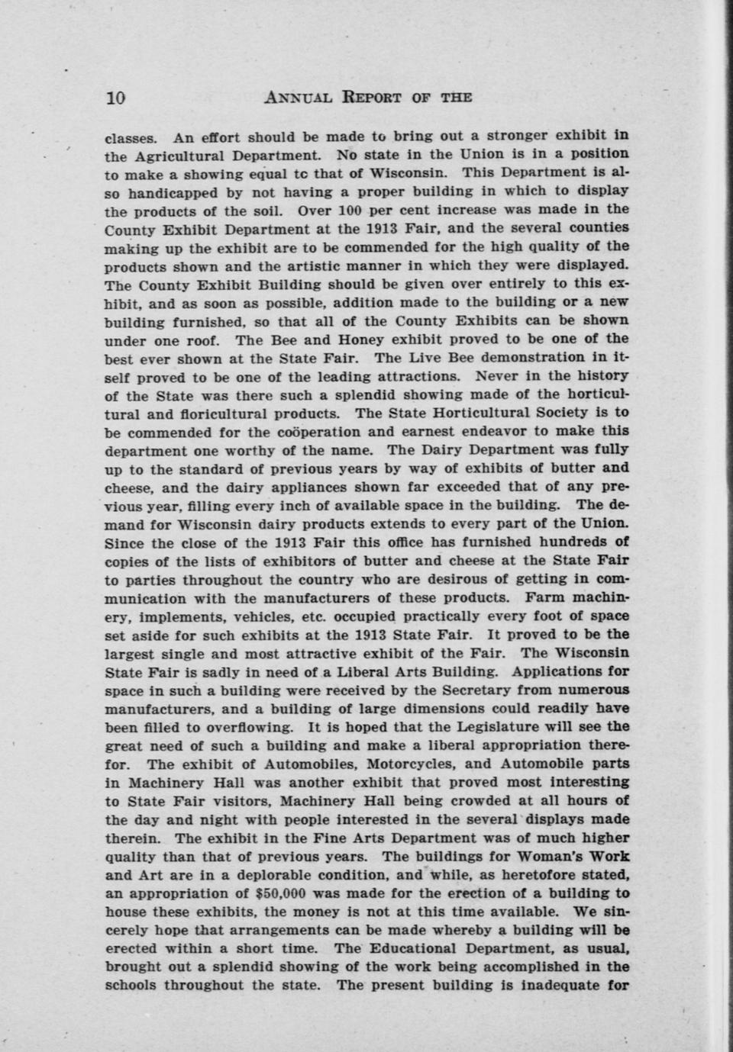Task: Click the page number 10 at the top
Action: tap(115, 98)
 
